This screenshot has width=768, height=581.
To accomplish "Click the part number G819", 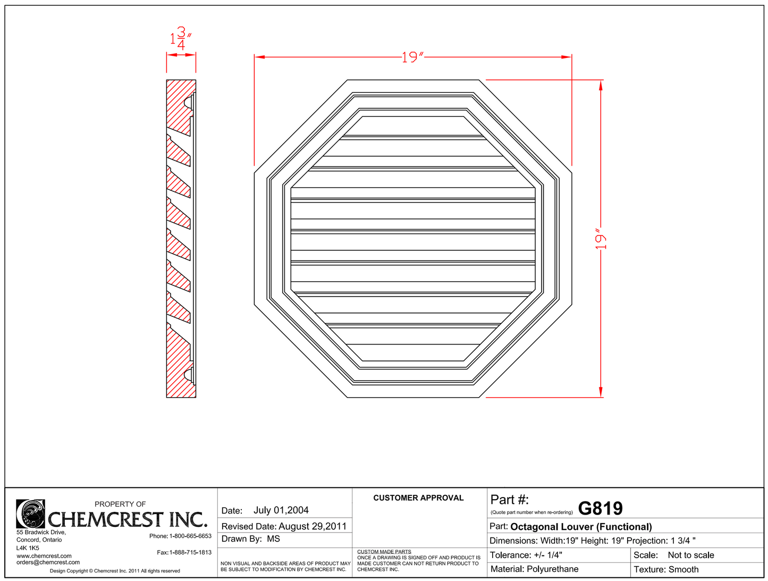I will click(600, 509).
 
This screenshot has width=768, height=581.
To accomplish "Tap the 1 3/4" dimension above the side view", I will click(180, 39).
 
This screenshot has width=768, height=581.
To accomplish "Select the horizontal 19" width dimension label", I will click(412, 57).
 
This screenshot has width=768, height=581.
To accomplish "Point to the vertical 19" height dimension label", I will click(601, 240).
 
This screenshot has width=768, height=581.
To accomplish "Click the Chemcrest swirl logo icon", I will click(30, 513).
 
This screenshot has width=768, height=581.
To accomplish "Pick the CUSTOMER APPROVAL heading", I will click(418, 498).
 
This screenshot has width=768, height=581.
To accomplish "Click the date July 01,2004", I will click(281, 510).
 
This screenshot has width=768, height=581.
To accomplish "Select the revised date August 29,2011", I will click(313, 526).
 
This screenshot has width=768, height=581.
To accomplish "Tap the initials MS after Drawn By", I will click(273, 539).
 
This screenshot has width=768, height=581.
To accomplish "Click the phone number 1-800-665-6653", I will click(190, 536).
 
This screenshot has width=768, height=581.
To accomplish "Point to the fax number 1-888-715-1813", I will click(190, 553).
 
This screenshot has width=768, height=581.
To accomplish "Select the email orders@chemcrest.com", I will click(48, 562).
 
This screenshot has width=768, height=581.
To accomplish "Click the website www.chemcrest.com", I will click(44, 556).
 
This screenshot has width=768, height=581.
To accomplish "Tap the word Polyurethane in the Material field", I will click(552, 569).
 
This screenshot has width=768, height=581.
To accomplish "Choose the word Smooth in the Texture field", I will click(683, 570).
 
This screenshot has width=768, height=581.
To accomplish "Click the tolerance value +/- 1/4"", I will click(548, 555).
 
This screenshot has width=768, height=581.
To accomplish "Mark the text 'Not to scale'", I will click(690, 555).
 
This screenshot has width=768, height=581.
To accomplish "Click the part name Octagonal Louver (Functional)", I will click(581, 527).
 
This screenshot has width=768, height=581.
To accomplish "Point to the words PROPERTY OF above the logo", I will click(120, 504).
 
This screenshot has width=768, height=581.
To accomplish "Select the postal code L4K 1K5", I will click(28, 548).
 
